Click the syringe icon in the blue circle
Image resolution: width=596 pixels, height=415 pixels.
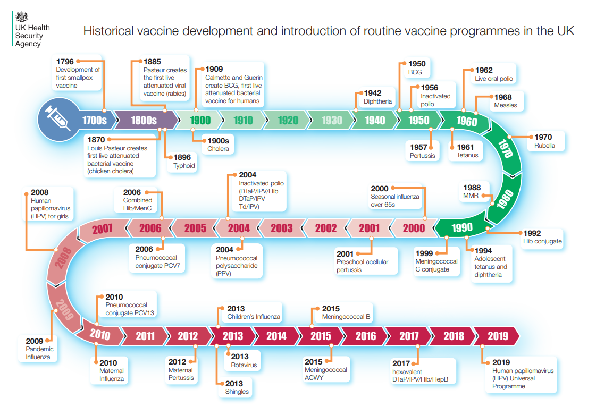point(57,118)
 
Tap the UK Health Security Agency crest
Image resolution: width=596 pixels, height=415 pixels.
point(22,16)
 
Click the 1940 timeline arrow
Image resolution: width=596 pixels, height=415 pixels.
point(375,121)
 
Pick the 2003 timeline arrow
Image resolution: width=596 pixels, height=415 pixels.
point(282,228)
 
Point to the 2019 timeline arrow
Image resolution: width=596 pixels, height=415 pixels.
point(497,336)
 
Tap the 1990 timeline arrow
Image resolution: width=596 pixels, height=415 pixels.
point(461,227)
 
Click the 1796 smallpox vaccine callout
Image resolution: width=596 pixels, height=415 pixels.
point(77,73)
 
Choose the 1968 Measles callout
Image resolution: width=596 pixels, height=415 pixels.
point(506,101)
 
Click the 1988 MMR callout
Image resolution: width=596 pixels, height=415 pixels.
point(473,191)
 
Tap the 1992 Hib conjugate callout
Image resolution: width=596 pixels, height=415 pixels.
point(542,238)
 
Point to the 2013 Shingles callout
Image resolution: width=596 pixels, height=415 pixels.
point(236,388)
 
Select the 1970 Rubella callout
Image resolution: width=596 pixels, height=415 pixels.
point(544,141)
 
